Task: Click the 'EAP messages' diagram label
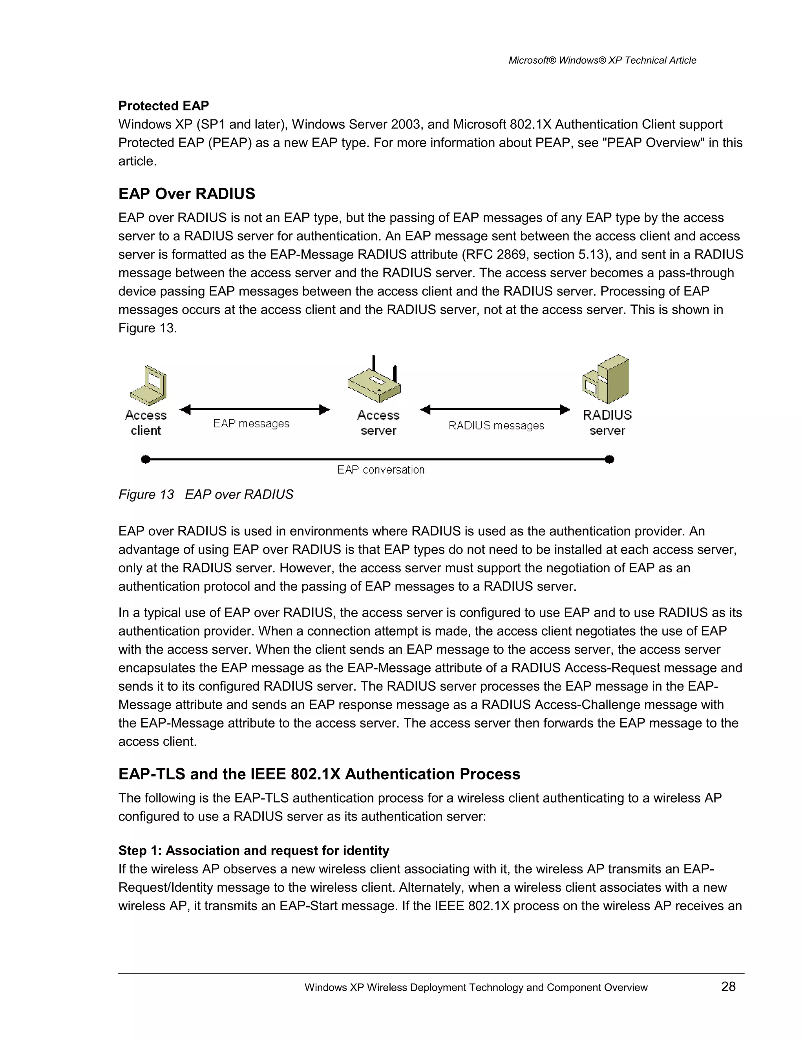pos(251,423)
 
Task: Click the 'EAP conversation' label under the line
pos(380,470)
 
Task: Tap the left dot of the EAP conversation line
pos(146,460)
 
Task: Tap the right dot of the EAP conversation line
pos(609,460)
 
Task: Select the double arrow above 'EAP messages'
pos(255,409)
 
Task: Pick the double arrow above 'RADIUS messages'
pos(495,409)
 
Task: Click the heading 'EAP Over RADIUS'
pos(187,194)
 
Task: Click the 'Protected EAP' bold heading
pos(163,106)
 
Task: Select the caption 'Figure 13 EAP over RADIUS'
pos(206,494)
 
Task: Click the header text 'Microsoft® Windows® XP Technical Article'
pos(602,60)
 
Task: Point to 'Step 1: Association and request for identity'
pos(253,851)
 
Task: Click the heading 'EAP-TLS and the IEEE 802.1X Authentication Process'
pos(319,774)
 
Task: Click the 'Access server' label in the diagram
pos(378,423)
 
